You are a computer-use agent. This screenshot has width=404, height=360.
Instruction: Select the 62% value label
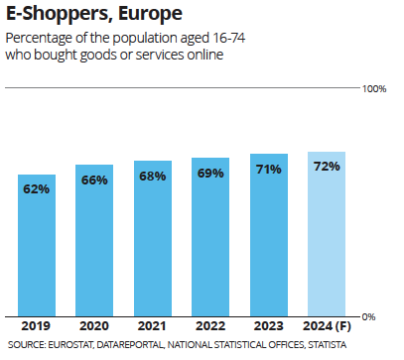[x=37, y=188]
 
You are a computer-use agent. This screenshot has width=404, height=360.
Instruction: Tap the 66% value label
[x=94, y=180]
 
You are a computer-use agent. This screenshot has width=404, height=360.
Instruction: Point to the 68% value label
[x=153, y=176]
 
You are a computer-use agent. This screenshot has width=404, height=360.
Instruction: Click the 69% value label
[x=210, y=174]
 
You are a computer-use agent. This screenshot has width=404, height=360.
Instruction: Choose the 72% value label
[x=327, y=167]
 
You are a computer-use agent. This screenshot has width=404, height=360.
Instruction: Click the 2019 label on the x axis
[x=37, y=325]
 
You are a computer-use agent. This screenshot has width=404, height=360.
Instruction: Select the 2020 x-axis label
[x=94, y=325]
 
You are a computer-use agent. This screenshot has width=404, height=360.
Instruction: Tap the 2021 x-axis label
[x=153, y=325]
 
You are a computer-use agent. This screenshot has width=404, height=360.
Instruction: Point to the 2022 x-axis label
[x=210, y=325]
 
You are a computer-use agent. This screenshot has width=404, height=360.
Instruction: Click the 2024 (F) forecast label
[x=327, y=325]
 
